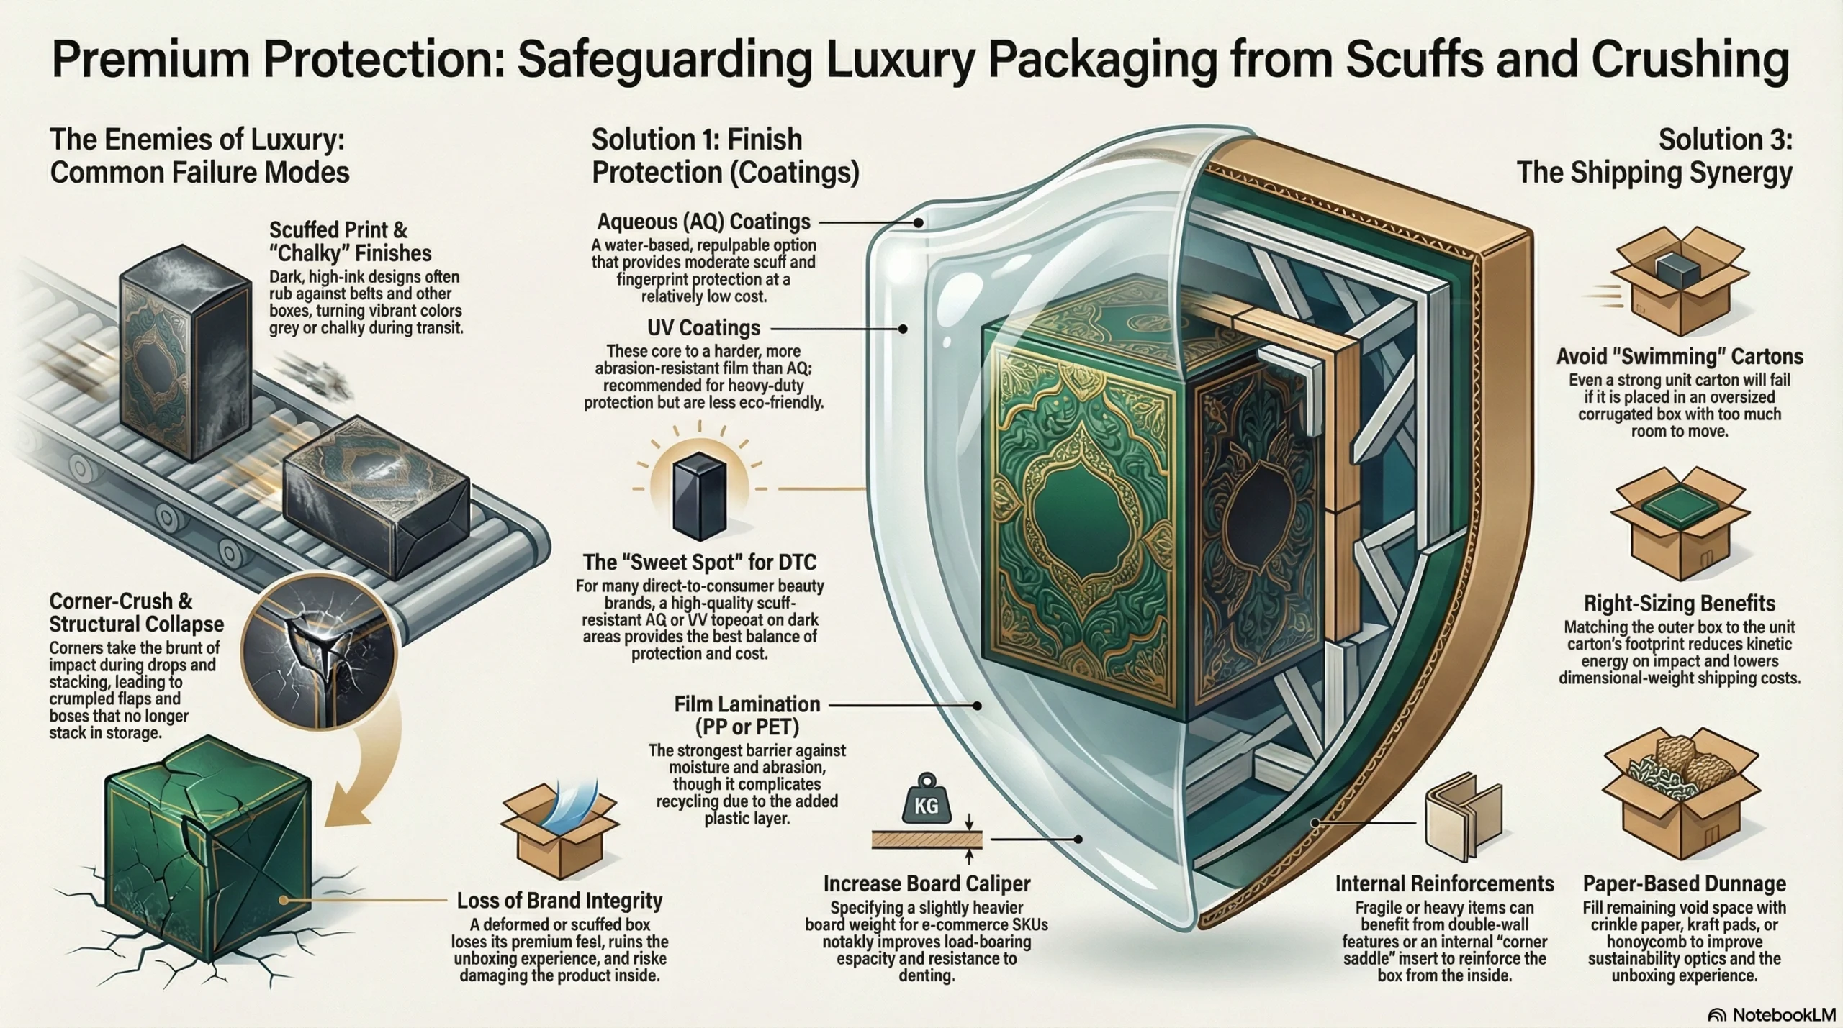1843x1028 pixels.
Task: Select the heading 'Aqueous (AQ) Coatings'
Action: (703, 222)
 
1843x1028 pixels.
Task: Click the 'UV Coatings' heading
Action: (703, 328)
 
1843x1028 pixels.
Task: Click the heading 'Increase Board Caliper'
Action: (927, 883)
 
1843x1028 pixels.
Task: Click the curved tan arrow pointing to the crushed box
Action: (360, 777)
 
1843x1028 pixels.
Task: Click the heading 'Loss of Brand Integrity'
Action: (559, 901)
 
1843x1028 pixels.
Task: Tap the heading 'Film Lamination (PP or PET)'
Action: (747, 715)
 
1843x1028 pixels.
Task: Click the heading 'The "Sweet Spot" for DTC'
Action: (699, 562)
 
